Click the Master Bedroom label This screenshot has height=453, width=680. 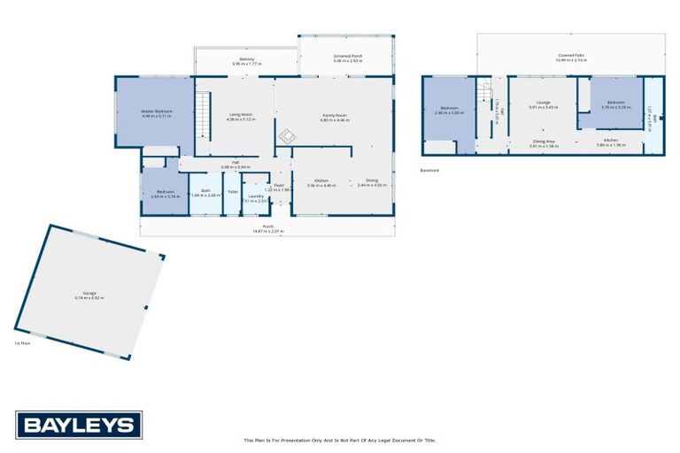pyautogui.click(x=156, y=111)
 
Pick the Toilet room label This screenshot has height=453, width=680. pyautogui.click(x=232, y=191)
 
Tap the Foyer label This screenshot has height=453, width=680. pyautogui.click(x=278, y=186)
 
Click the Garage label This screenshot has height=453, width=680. pyautogui.click(x=89, y=295)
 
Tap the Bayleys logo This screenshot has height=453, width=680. pyautogui.click(x=78, y=425)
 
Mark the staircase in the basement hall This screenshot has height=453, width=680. pyautogui.click(x=483, y=91)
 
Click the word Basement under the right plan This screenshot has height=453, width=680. pyautogui.click(x=429, y=171)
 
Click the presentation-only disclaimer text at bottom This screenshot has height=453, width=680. pyautogui.click(x=340, y=440)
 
